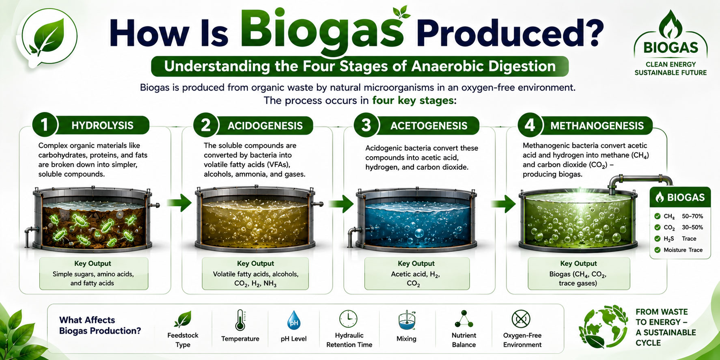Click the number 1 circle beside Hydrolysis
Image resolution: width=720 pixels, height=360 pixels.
(44, 125)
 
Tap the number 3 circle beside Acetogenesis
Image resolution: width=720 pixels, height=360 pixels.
(366, 125)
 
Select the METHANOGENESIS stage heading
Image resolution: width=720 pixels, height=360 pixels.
(597, 126)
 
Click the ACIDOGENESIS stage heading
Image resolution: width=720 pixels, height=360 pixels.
(265, 126)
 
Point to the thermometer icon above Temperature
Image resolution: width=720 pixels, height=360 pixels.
(240, 320)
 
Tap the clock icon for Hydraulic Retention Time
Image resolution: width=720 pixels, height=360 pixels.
(348, 319)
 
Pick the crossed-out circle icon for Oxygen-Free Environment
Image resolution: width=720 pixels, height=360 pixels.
(521, 319)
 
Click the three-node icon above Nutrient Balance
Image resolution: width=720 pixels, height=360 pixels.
(464, 319)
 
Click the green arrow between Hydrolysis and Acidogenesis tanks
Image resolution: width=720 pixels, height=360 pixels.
(179, 202)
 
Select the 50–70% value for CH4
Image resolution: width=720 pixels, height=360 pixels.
(692, 216)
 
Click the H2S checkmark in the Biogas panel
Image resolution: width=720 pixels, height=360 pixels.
(657, 239)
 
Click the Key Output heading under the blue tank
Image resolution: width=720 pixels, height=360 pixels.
(416, 263)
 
